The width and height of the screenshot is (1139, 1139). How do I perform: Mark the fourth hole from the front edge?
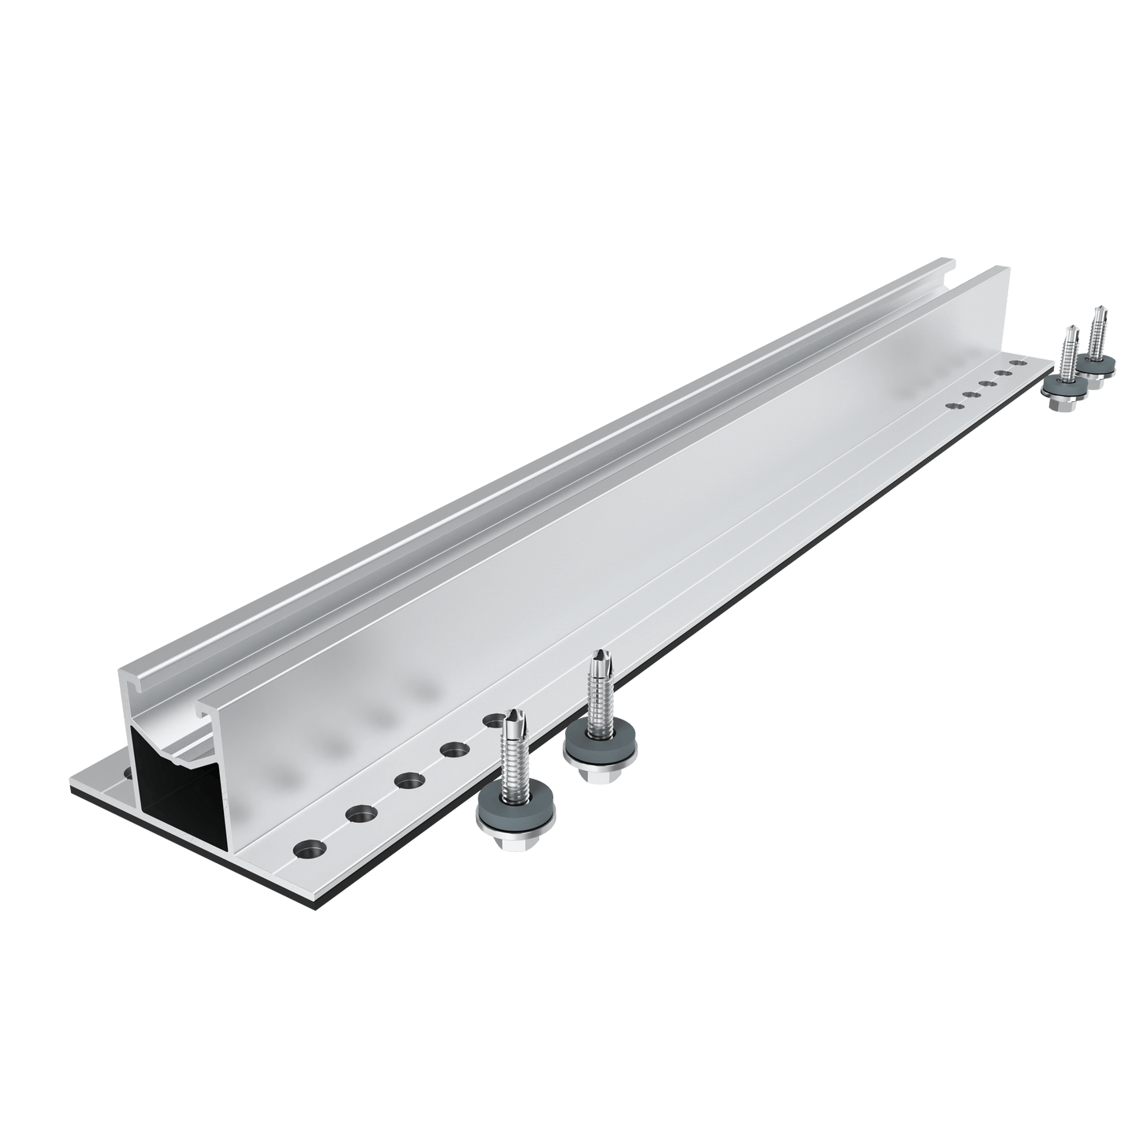[453, 750]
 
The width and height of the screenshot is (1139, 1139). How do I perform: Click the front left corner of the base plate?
[69, 784]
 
